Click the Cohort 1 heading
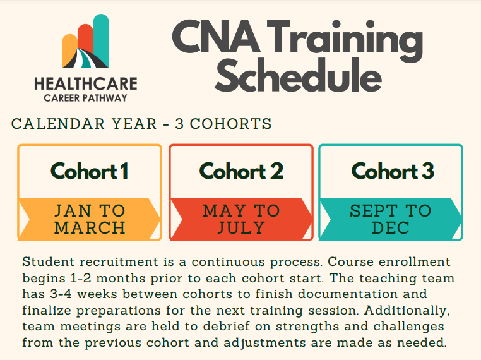click(x=90, y=171)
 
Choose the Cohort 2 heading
click(x=241, y=171)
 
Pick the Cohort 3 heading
click(x=392, y=171)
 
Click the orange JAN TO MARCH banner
click(x=90, y=219)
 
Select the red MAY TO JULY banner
click(x=241, y=219)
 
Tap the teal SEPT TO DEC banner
click(x=391, y=219)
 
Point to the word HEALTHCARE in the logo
click(x=85, y=84)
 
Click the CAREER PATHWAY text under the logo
click(x=85, y=98)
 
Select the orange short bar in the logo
click(x=68, y=51)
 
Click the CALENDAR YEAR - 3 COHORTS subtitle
click(x=142, y=124)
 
